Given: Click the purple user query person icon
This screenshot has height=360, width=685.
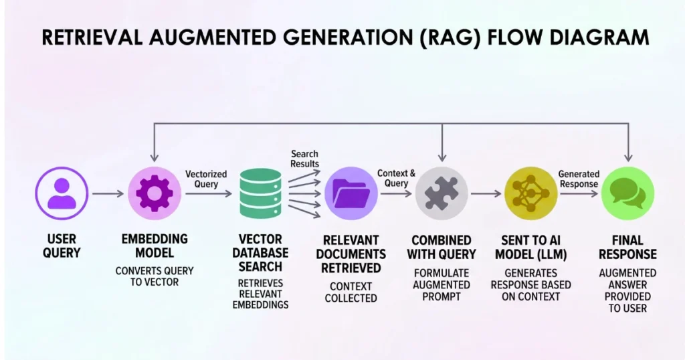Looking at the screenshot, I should coord(62,194).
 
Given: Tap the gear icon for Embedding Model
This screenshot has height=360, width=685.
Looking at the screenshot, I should coord(155,194).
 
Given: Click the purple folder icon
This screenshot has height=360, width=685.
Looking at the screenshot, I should coord(352,194).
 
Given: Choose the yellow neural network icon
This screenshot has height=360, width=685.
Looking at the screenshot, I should coord(530,194).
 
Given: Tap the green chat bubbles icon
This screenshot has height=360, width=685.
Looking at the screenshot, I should coord(627,194).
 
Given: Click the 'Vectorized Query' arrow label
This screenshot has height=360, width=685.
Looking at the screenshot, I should coord(207,179).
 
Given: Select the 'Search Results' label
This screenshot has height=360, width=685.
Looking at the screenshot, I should coord(304,159).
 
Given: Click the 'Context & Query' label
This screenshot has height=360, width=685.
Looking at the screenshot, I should coord(397,179).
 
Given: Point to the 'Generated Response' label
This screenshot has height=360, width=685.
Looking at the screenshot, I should coord(579,179).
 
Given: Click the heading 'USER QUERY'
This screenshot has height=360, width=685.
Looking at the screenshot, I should coord(62,246).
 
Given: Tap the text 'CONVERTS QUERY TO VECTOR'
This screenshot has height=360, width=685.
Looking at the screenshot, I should coord(155,276).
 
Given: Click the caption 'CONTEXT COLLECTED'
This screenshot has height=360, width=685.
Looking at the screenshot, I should coord(351,292).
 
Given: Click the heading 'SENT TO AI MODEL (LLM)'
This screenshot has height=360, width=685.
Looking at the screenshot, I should coord(532,246).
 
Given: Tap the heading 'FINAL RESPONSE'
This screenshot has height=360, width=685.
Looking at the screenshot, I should coord(627,246).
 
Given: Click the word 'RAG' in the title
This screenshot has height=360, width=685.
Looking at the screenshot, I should coord(458,37).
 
